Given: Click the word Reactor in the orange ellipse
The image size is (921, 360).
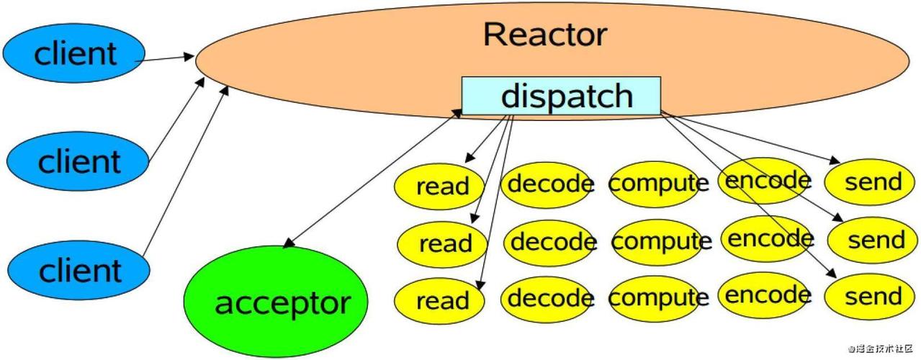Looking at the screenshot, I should point(545,35).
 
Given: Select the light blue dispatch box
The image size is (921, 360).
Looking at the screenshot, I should point(561,96).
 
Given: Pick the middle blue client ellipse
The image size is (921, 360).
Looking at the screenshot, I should point(78,161).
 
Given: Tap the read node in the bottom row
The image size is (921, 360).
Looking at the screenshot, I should point(441,300).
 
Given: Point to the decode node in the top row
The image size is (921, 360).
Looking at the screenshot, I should point(549,184).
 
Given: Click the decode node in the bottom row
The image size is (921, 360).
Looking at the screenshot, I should point(549,297).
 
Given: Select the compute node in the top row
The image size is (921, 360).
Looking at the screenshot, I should point(657,184).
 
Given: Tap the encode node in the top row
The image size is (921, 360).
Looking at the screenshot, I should point(766,180).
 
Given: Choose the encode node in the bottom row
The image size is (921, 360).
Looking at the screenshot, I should point(766,295).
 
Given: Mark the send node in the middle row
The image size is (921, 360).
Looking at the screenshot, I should point(873,240).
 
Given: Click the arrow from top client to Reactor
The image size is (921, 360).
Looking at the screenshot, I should point(166,58).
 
